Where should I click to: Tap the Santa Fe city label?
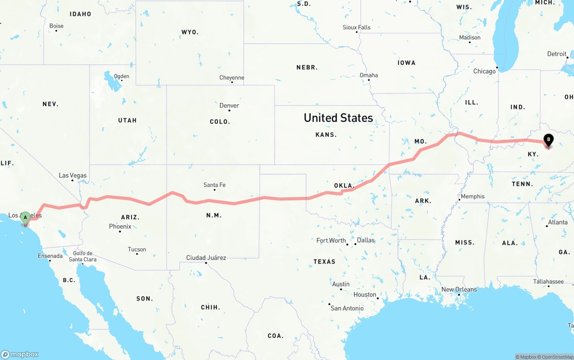pos(214,185)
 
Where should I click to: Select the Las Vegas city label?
pos(73,175)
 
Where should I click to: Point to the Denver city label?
pos(229,105)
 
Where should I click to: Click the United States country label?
pos(338,118)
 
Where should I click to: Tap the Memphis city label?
pos(473,196)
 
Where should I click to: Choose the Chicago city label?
pos(484,71)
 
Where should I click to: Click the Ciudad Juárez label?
pos(206,258)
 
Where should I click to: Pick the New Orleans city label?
pos(459,290)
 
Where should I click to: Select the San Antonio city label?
pos(347,308)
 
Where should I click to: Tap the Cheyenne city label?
pos(232,78)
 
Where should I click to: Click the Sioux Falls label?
pos(357,27)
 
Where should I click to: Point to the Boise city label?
pos(57,26)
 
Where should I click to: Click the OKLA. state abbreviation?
pos(344,186)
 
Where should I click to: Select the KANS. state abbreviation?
pos(326,134)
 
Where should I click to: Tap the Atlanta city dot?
pos(547,226)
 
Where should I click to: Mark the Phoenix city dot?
pos(120,231)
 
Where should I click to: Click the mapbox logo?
pos(19,354)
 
